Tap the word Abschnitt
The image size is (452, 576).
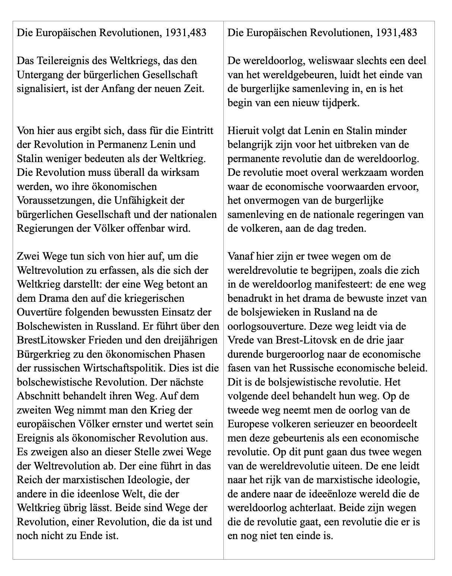pyautogui.click(x=37, y=396)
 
